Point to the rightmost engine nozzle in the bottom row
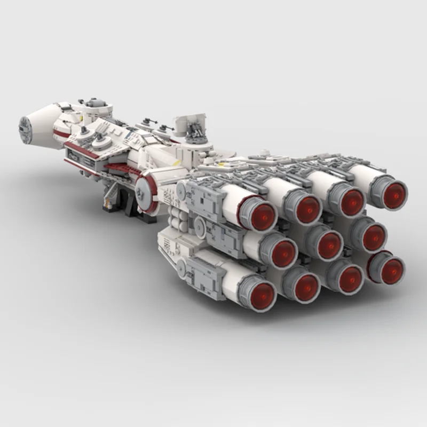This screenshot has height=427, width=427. pyautogui.click(x=388, y=267)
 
